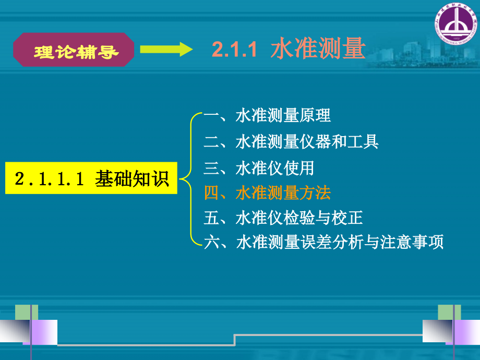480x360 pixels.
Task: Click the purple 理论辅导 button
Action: (x=74, y=51)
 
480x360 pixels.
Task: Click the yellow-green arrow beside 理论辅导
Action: (x=166, y=50)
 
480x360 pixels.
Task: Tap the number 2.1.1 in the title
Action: (x=235, y=50)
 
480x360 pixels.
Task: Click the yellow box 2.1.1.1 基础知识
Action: (x=91, y=178)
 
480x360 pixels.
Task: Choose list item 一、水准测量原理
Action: (x=267, y=115)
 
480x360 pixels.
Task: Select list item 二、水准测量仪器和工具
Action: (x=291, y=141)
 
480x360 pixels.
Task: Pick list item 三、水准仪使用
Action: (x=259, y=167)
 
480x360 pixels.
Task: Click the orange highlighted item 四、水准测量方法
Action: (x=267, y=193)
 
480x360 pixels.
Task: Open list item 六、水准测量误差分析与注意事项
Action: (x=323, y=242)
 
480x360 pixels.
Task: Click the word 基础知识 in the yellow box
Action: (x=132, y=178)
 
